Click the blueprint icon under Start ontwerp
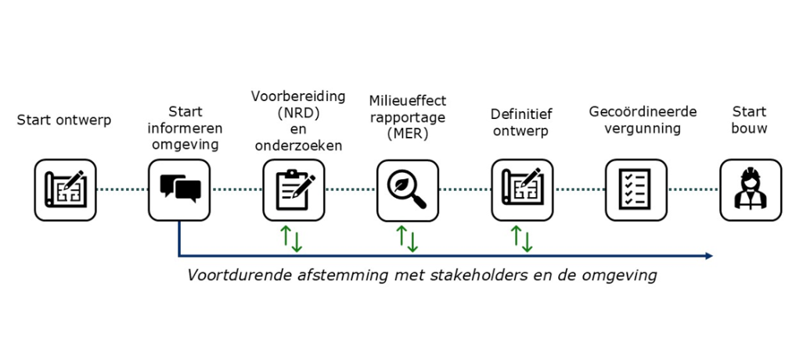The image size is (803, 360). tap(65, 189)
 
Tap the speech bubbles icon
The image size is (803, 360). tap(179, 189)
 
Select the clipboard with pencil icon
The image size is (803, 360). tap(293, 189)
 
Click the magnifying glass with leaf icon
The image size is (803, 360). tap(408, 189)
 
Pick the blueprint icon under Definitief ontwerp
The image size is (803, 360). tap(522, 189)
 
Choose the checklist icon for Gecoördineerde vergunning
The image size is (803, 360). tap(636, 189)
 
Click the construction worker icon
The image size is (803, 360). tap(751, 189)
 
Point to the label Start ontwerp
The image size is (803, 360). tap(64, 120)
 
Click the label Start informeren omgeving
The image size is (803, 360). tap(185, 128)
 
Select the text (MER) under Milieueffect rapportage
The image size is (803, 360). tap(408, 132)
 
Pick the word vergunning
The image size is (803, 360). tap(643, 128)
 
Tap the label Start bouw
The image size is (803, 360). tap(750, 120)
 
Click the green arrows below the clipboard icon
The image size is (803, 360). tap(293, 238)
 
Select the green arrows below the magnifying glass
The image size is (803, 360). tap(407, 238)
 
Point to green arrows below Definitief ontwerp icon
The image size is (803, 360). tap(521, 238)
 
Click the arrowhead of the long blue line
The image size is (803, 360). tap(708, 256)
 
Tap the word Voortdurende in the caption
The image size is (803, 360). tap(231, 275)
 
